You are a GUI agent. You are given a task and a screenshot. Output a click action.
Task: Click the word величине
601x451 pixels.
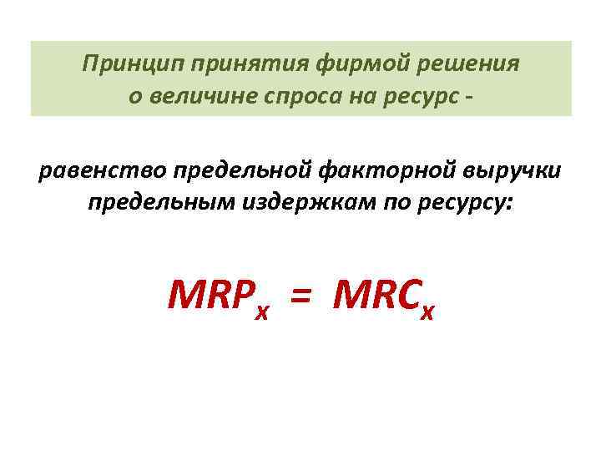point(196,96)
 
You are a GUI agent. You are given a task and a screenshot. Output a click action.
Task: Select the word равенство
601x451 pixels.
point(103,172)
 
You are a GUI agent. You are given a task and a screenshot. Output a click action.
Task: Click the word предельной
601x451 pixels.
point(243,172)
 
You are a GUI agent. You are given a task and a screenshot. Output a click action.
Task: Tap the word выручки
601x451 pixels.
point(513,172)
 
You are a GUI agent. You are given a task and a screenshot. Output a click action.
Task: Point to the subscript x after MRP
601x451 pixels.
point(263,313)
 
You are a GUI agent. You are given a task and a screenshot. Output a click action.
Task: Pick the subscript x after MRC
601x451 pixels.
point(428,313)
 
